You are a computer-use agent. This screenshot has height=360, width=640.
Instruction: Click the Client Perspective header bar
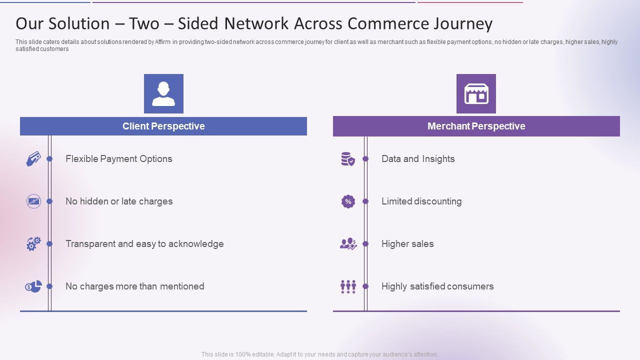click(x=163, y=126)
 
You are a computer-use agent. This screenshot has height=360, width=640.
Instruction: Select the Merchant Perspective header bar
click(x=476, y=126)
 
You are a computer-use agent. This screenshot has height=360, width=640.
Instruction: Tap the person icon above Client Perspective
click(x=163, y=94)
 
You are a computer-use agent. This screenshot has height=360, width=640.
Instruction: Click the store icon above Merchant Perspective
click(x=476, y=94)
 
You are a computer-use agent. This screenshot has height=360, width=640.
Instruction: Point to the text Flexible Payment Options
click(x=118, y=159)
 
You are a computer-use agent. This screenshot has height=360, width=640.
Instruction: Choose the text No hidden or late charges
click(x=119, y=201)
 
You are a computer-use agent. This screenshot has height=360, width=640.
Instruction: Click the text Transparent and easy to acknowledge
click(x=144, y=244)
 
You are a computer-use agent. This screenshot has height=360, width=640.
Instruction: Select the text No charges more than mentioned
click(x=134, y=286)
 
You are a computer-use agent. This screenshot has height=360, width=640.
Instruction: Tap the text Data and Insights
click(x=418, y=159)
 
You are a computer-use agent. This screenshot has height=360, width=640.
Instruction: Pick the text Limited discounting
click(x=421, y=201)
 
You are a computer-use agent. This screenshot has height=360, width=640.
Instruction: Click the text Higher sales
click(x=407, y=244)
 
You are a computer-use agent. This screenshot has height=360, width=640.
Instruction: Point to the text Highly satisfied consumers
click(x=437, y=286)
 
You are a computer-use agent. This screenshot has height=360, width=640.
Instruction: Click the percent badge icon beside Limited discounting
click(x=348, y=201)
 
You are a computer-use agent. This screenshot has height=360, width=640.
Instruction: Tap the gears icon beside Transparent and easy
click(x=33, y=244)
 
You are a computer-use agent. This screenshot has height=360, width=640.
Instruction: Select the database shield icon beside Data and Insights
click(x=348, y=159)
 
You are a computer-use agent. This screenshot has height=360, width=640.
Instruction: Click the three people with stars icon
click(x=348, y=286)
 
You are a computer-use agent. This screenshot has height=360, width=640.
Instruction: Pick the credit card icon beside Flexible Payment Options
click(x=33, y=159)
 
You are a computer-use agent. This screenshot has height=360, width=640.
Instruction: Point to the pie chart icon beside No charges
click(x=33, y=286)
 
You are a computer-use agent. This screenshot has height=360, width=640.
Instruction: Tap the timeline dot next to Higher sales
click(x=365, y=244)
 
